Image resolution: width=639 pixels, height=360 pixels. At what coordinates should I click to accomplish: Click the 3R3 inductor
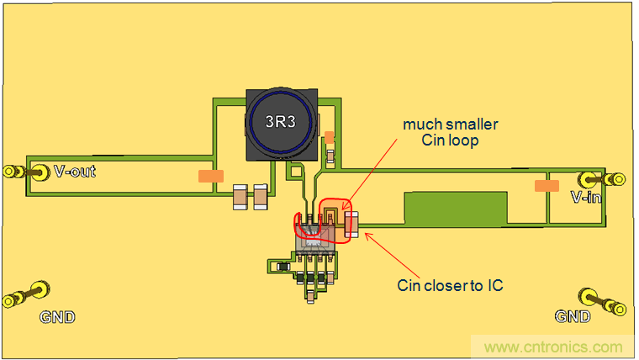click(281, 124)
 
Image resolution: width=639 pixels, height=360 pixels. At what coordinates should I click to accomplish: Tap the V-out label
click(74, 172)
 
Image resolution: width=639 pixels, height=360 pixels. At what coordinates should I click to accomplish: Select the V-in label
click(585, 198)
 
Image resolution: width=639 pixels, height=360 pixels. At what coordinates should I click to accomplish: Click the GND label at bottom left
click(57, 317)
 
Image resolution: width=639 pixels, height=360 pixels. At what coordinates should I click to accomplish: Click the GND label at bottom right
click(572, 316)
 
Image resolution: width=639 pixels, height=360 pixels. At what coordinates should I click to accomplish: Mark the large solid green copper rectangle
click(456, 207)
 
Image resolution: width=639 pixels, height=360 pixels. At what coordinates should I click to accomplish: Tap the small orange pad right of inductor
click(330, 136)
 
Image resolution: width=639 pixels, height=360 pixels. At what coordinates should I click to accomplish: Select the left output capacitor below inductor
click(240, 198)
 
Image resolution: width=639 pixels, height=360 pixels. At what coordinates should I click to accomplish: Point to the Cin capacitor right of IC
click(351, 223)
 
